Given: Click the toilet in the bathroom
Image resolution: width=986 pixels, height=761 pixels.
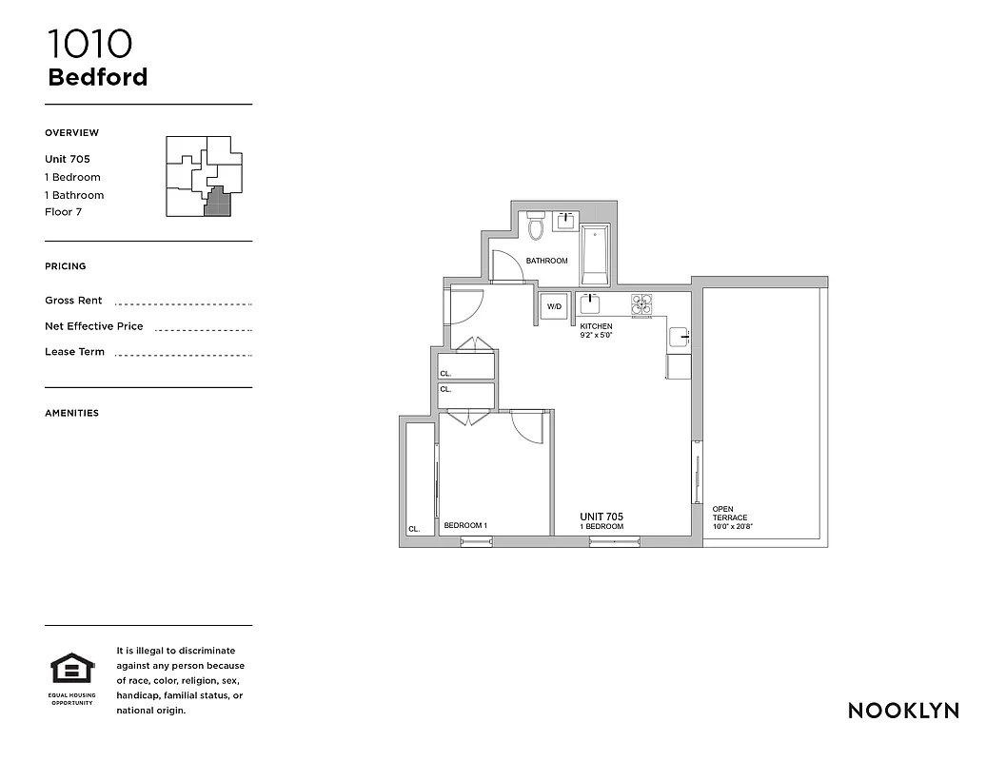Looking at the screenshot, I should click(536, 226).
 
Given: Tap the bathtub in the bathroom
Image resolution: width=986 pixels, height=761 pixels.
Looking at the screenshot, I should click(595, 256).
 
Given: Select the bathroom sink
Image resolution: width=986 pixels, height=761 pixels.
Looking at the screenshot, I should click(566, 222).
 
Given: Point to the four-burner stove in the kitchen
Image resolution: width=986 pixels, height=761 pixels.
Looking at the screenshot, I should click(642, 303).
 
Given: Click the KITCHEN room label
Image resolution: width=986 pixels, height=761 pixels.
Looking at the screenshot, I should click(597, 326).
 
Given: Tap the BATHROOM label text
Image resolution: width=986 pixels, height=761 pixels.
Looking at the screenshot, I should click(546, 261).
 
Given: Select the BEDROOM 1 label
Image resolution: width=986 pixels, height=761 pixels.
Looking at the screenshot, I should click(465, 525).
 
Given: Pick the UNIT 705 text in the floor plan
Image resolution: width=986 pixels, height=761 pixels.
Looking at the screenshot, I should click(601, 517).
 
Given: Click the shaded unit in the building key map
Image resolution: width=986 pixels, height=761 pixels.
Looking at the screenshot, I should click(218, 203).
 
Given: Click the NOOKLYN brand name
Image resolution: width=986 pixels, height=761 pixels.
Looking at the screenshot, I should click(903, 711).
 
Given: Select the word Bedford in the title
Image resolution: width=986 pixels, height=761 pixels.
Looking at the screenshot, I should click(97, 77).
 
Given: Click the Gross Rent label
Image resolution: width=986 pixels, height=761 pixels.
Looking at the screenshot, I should click(73, 301).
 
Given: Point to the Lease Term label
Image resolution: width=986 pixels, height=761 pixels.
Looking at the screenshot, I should click(74, 352).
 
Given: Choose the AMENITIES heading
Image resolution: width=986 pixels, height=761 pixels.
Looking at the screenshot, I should click(71, 413).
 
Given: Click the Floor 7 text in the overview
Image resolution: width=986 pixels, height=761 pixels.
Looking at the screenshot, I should click(63, 212).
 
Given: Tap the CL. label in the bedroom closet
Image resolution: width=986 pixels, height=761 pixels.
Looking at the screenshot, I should click(414, 529).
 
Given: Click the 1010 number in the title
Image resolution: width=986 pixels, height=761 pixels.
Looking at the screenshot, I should click(89, 44).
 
